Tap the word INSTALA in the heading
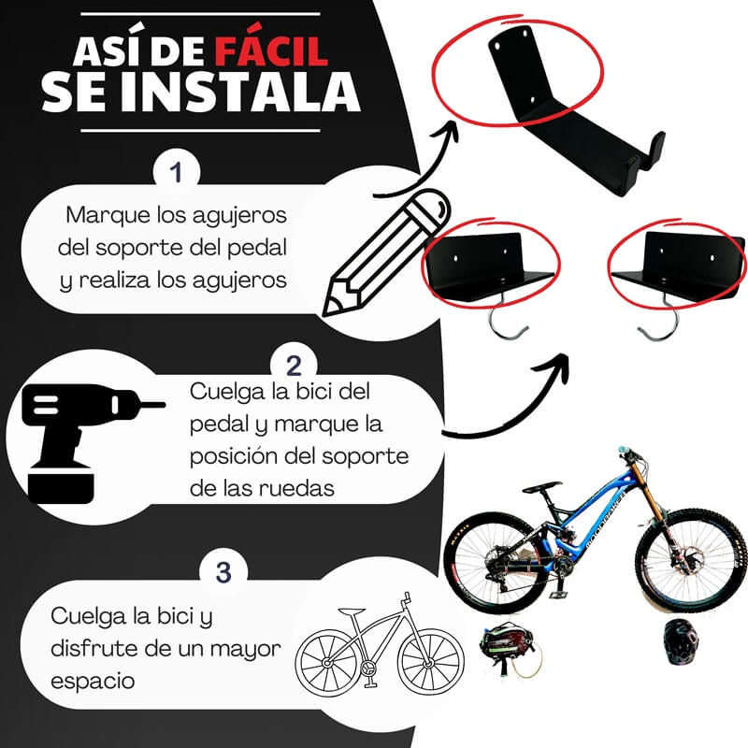[240, 93]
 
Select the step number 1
[176, 172]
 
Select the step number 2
[294, 366]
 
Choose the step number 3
[223, 572]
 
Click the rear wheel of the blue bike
[496, 563]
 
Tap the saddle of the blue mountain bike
[542, 487]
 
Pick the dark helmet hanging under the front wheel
[681, 641]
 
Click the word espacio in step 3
[93, 682]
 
